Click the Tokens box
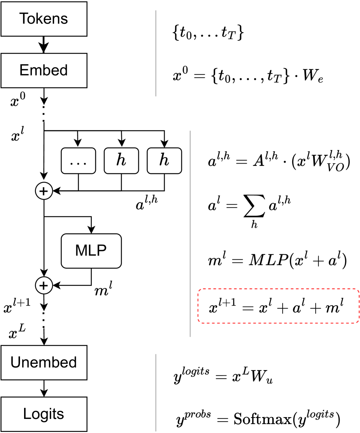point(44,19)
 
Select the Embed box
point(44,70)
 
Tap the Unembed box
point(44,363)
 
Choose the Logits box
point(44,414)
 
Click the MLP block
point(91,251)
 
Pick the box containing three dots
point(78,161)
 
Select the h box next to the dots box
point(121,161)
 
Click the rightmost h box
point(164,161)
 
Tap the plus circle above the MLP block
point(44,191)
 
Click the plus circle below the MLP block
point(44,286)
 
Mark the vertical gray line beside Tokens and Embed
point(156,53)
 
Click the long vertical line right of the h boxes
point(190,233)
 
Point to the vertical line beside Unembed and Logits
point(156,392)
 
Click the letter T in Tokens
point(23,19)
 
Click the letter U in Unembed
point(15,362)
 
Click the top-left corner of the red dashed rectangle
point(199,290)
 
